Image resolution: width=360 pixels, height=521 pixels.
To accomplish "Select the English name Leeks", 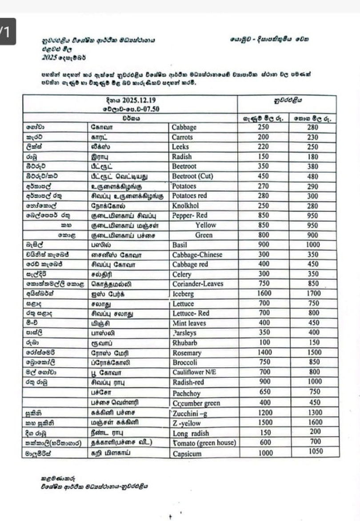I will click(181, 147).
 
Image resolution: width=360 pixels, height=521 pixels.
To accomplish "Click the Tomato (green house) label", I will click(204, 442).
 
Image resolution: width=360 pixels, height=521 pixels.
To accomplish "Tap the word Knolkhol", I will click(185, 206).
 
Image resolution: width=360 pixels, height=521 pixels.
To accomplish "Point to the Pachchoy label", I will click(186, 394).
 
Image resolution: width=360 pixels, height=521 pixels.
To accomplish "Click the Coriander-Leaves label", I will click(197, 284).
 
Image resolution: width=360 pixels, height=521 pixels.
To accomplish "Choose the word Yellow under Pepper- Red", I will click(205, 225).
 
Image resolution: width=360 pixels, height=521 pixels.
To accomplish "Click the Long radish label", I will click(191, 433).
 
